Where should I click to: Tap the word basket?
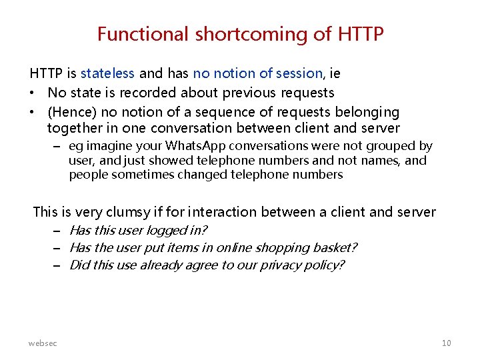pyautogui.click(x=334, y=248)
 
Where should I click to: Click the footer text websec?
pyautogui.click(x=43, y=343)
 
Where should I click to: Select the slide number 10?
pyautogui.click(x=446, y=343)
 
